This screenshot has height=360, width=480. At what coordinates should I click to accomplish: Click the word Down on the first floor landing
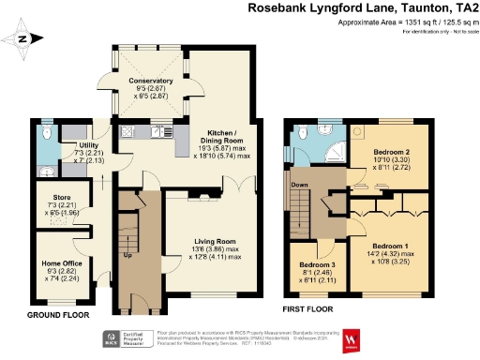301,184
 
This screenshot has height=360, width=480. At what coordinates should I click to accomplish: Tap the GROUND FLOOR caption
58,316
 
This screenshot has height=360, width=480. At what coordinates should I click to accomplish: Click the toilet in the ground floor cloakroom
48,134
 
